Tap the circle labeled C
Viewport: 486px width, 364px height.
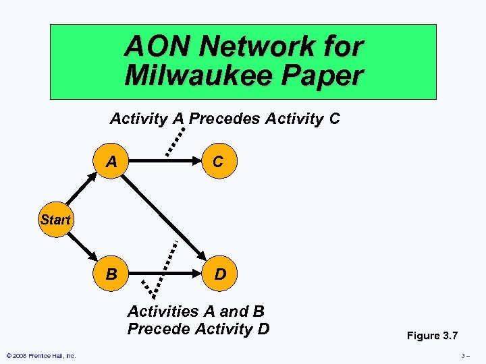(x=218, y=162)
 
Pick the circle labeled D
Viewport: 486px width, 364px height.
(x=219, y=275)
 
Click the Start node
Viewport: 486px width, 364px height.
(x=55, y=219)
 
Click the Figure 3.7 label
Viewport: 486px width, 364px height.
(x=431, y=336)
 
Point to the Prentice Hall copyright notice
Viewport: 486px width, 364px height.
(x=41, y=356)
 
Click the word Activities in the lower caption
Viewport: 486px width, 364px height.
(x=161, y=311)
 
